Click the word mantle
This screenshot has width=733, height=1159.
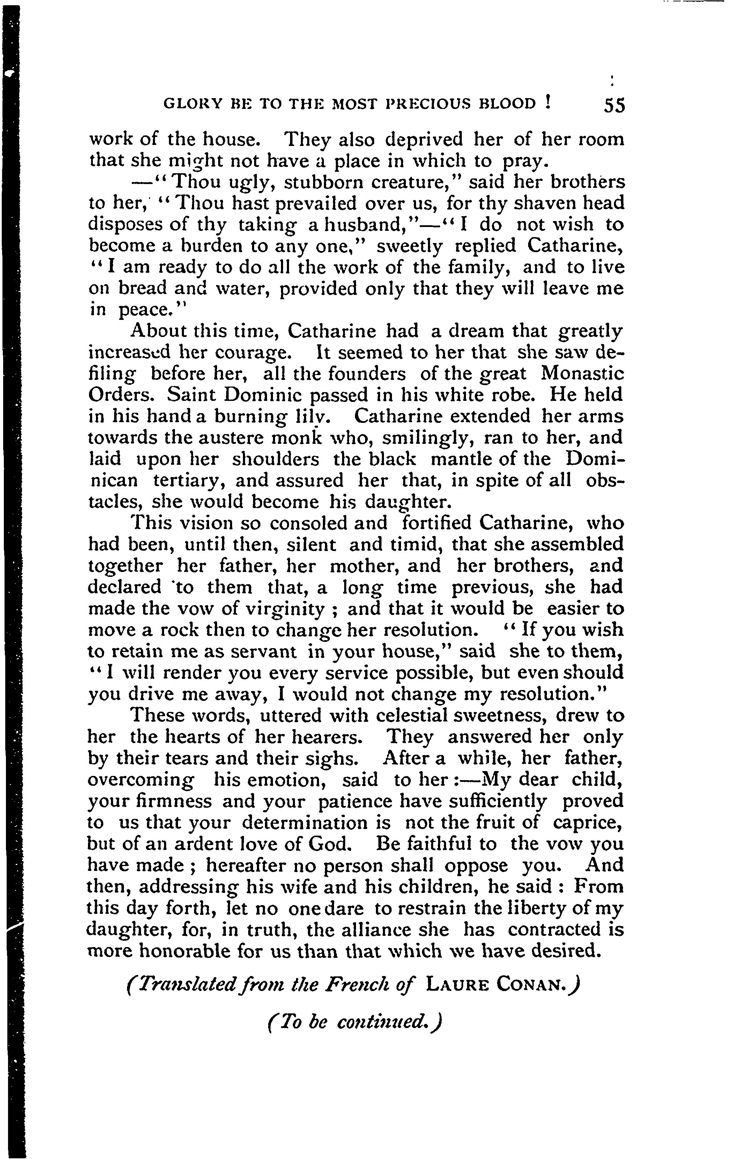[459, 459]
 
